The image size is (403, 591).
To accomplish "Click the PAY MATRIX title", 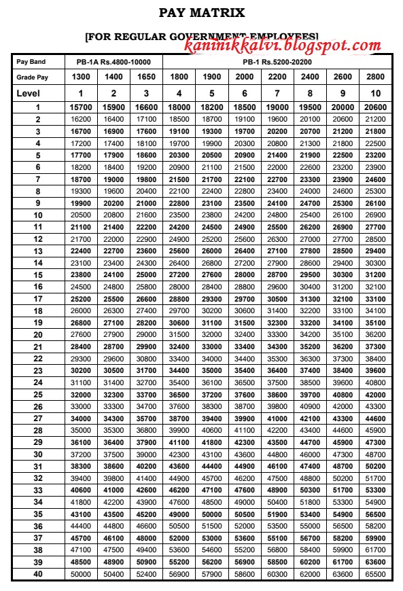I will pos(201,12).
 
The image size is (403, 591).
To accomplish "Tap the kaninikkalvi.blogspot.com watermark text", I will pos(283,46).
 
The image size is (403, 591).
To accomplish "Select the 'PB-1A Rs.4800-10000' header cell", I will pos(113,62).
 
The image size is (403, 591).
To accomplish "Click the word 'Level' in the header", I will pos(29,93).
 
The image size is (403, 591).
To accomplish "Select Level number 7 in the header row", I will pos(277,93).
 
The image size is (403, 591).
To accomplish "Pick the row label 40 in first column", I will pos(38,574).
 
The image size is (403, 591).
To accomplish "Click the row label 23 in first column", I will pos(38,370).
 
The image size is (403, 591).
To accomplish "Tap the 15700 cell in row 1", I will pos(81,107).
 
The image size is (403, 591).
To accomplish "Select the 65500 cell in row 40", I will pos(375,574).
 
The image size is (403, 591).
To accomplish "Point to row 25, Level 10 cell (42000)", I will pos(375,394).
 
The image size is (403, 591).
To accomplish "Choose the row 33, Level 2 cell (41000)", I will pos(114,490).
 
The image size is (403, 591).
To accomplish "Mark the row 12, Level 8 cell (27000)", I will pos(310,239).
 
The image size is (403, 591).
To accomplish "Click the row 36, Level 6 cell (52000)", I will pos(245,526).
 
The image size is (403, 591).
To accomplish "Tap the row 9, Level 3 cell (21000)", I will pos(147,203).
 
